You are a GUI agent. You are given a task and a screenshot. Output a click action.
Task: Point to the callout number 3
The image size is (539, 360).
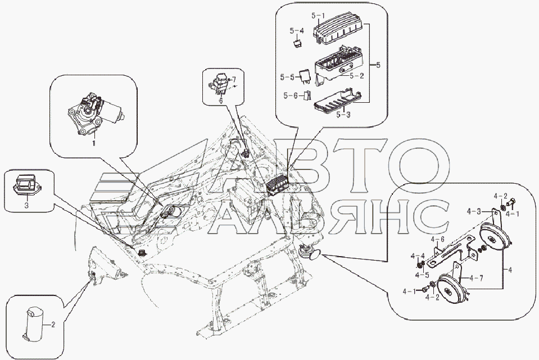[x=26, y=206]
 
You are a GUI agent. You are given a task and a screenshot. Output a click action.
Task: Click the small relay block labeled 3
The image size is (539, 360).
[x=27, y=185]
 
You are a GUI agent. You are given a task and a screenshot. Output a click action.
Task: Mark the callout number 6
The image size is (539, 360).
[x=221, y=100]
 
